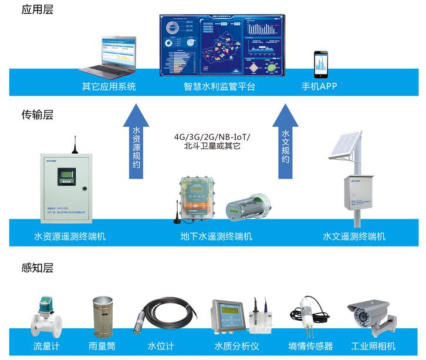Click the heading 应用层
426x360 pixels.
pyautogui.click(x=37, y=10)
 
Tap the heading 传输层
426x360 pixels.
pyautogui.click(x=37, y=115)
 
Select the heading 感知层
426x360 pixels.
pyautogui.click(x=37, y=268)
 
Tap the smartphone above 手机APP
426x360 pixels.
pyautogui.click(x=320, y=65)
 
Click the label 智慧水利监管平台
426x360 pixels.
pyautogui.click(x=219, y=87)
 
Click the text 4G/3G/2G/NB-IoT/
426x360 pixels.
pyautogui.click(x=212, y=137)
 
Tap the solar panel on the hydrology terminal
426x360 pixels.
pyautogui.click(x=347, y=146)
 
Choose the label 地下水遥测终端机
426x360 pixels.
pyautogui.click(x=217, y=237)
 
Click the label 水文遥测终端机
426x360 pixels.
pyautogui.click(x=354, y=237)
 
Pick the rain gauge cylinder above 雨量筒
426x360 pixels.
pyautogui.click(x=103, y=317)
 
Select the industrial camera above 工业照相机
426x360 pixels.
pyautogui.click(x=368, y=314)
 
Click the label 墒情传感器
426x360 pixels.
pyautogui.click(x=311, y=346)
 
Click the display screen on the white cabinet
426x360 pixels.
pyautogui.click(x=66, y=176)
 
